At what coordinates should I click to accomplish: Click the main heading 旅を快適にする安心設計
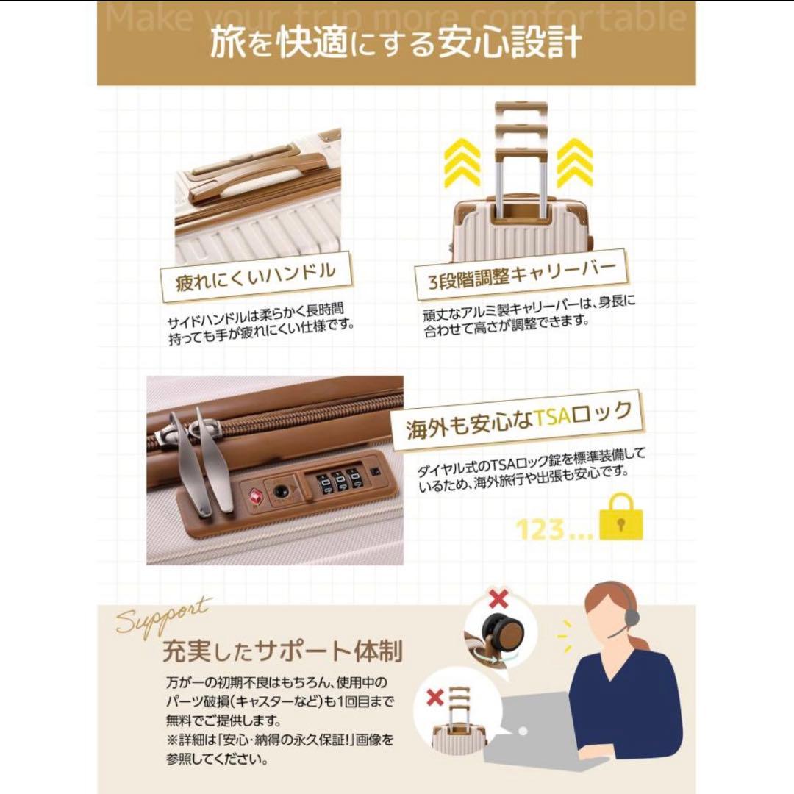(396, 44)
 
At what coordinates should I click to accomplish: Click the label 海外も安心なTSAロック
(520, 419)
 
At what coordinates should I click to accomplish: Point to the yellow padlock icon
(620, 518)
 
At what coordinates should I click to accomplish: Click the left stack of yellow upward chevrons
(462, 162)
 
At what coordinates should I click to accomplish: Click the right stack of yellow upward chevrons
(574, 162)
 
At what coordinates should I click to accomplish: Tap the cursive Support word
(163, 616)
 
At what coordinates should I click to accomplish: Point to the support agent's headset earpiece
(632, 615)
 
